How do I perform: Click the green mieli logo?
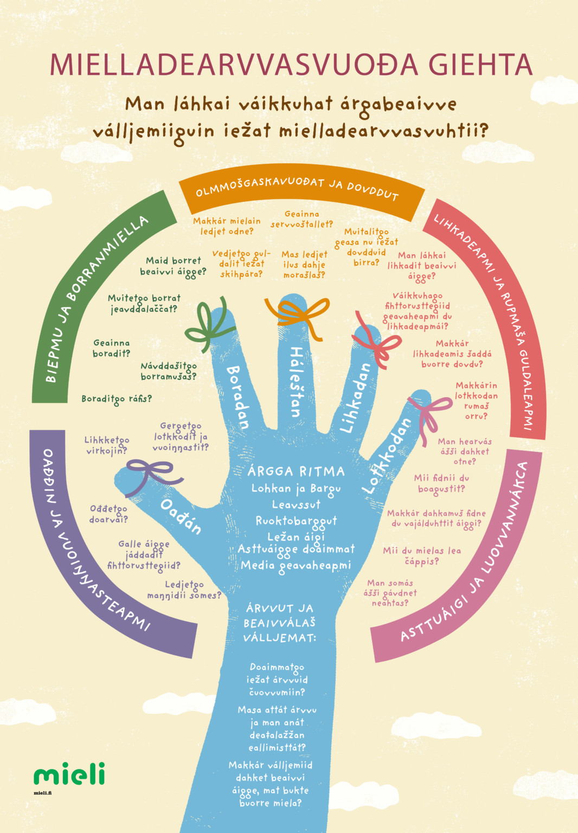pos(69,773)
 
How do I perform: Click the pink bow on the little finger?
pos(429,416)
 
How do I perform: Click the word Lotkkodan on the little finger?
pos(387,456)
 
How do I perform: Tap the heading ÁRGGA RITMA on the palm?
pos(296,471)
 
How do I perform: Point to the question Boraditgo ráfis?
pos(117,399)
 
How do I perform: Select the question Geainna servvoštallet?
pos(302,219)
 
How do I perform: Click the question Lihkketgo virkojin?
pos(107,445)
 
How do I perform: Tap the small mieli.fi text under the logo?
pos(43,793)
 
